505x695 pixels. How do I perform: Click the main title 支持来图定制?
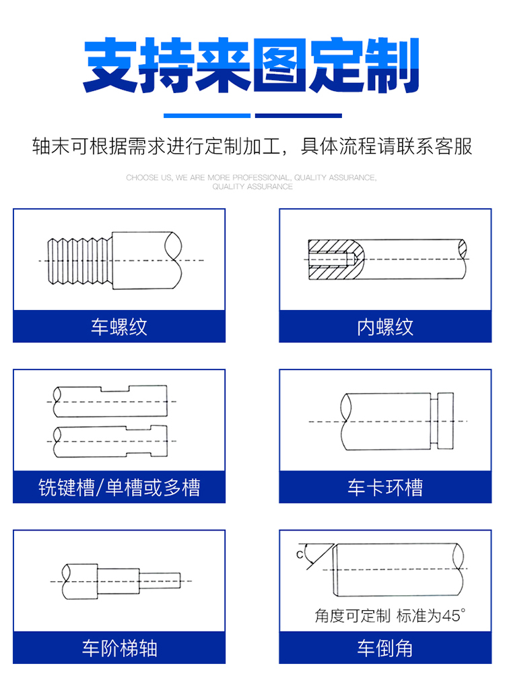pyautogui.click(x=252, y=65)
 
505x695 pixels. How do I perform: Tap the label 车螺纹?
pyautogui.click(x=119, y=327)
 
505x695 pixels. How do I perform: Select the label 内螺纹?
pyautogui.click(x=385, y=327)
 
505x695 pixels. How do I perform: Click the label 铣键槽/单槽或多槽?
pyautogui.click(x=119, y=487)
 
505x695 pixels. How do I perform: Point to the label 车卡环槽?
pyautogui.click(x=385, y=487)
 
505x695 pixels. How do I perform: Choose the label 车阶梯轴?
pyautogui.click(x=119, y=648)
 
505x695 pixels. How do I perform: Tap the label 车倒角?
pyautogui.click(x=385, y=648)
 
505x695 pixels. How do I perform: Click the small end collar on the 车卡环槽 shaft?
pyautogui.click(x=446, y=421)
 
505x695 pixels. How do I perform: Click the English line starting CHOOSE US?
pyautogui.click(x=251, y=178)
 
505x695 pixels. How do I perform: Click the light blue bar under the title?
pyautogui.click(x=207, y=115)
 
